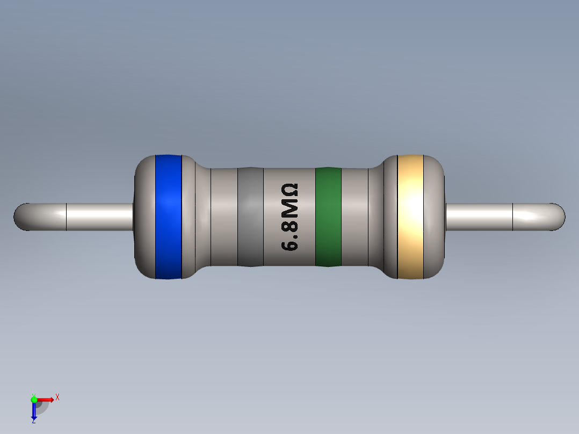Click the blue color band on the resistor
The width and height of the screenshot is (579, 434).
pos(169,217)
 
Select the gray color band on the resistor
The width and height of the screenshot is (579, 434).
pos(250,217)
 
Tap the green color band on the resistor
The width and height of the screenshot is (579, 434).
pos(328,217)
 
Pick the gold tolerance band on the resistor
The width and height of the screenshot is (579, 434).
pos(410,217)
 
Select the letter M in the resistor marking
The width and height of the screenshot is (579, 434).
pos(290,208)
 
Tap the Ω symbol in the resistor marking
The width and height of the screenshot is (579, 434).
pos(290,191)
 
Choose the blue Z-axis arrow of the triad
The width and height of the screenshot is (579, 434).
pos(34,411)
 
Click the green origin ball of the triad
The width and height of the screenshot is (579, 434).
pos(34,399)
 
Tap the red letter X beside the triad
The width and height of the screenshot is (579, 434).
pos(57,397)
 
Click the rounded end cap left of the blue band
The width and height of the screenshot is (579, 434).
pos(144,217)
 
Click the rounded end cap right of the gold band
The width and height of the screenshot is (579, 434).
pos(435,217)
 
